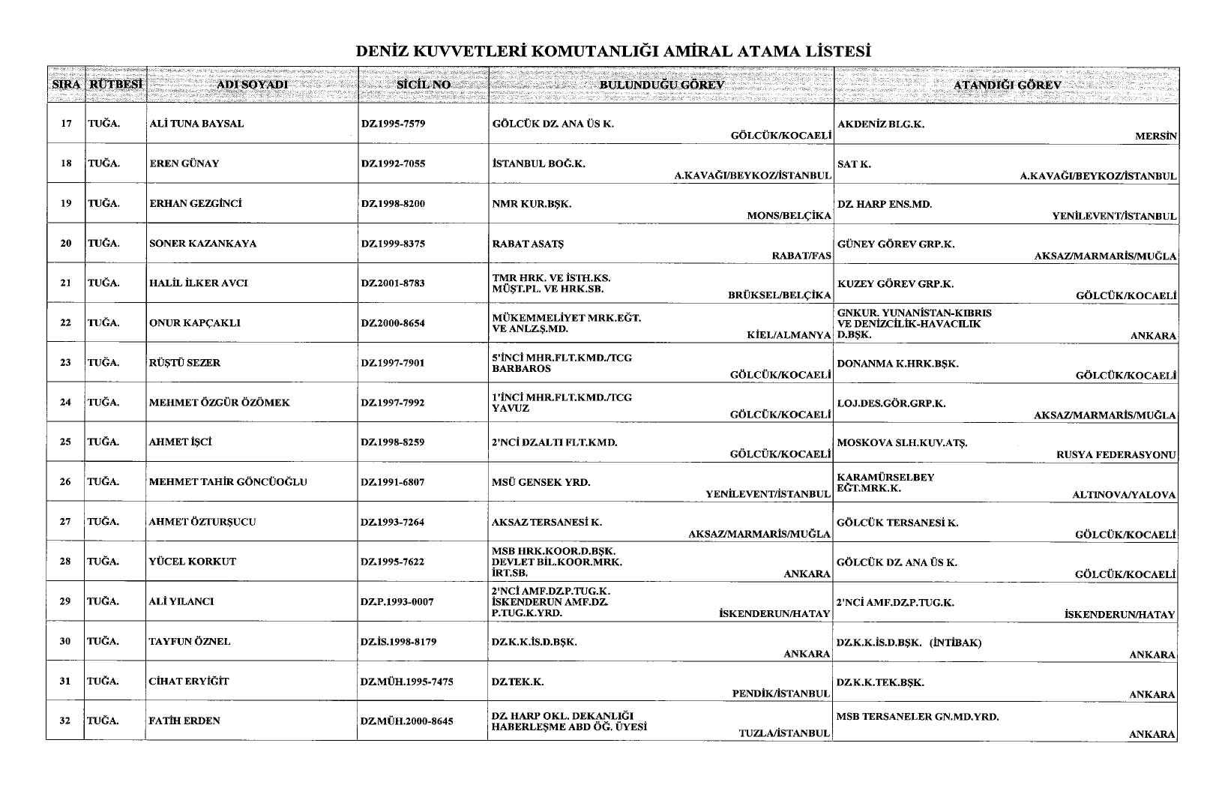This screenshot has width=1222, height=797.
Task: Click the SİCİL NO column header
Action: tap(424, 85)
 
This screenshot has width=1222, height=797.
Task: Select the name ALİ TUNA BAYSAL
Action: tap(196, 124)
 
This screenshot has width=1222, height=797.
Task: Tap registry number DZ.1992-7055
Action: tap(393, 163)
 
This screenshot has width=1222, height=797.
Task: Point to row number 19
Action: tap(66, 203)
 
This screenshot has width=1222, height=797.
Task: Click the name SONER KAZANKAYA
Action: tap(202, 243)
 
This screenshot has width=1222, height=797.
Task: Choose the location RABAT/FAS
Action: tap(801, 256)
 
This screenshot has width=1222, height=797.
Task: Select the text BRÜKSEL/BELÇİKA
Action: tap(780, 295)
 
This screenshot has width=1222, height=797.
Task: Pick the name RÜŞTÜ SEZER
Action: tap(184, 362)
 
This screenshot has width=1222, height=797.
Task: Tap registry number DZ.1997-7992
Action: tap(393, 402)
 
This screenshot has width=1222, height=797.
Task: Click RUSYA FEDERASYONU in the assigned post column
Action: tap(1116, 454)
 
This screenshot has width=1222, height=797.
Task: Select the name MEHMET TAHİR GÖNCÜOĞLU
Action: tap(228, 481)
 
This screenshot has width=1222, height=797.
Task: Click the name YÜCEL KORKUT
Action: tap(193, 561)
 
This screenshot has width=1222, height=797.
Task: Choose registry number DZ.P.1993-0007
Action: tap(397, 601)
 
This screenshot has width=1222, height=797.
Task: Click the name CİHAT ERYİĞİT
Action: tap(189, 681)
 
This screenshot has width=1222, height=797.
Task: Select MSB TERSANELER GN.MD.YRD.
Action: tap(917, 716)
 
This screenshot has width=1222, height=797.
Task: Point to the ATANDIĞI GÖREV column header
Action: tap(1007, 85)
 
